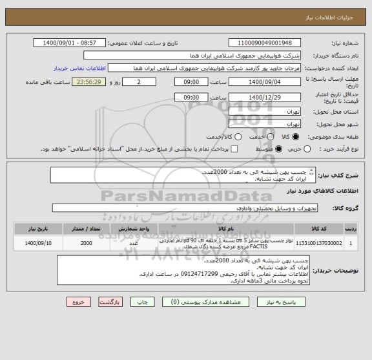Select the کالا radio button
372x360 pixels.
(x=296, y=137)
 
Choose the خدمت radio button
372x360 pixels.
(x=266, y=137)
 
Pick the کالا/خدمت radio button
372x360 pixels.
(x=238, y=137)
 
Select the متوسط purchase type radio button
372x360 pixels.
(x=280, y=149)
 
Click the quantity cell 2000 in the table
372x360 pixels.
(x=86, y=244)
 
